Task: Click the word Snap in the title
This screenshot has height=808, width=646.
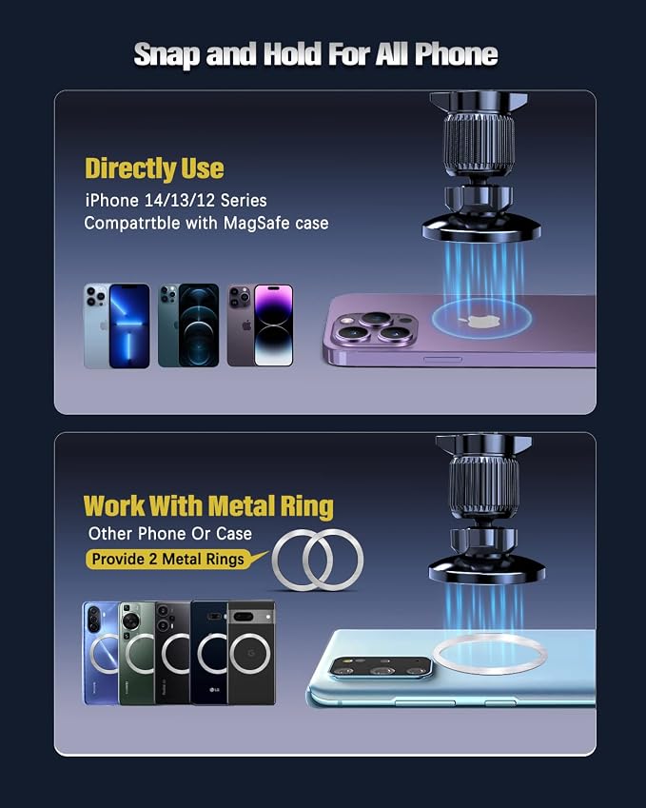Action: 166,54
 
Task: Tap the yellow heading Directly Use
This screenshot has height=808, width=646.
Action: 154,169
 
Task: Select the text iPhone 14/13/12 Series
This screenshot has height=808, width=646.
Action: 176,200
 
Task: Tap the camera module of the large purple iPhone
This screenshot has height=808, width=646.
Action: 375,327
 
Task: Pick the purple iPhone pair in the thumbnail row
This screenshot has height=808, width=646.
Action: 260,325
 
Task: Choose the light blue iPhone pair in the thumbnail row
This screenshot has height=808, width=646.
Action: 117,325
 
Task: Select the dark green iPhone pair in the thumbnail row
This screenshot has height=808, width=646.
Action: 188,325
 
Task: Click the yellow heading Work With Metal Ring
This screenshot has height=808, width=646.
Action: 208,506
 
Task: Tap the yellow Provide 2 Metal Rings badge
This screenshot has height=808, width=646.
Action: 168,559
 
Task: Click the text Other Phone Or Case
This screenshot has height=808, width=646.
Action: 170,533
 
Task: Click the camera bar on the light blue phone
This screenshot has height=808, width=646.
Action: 381,668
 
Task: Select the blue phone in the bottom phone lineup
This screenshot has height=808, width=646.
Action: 101,653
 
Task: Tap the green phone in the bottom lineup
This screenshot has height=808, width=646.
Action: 137,653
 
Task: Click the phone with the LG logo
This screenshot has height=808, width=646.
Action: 209,653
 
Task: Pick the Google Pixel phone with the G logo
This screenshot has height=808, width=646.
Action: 251,653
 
